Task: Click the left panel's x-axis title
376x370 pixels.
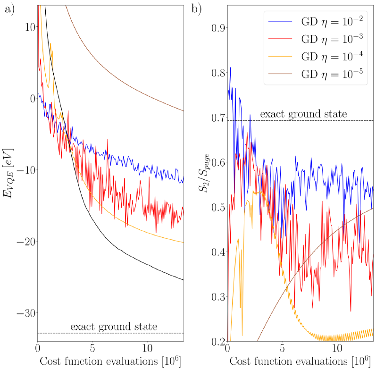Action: click(110, 362)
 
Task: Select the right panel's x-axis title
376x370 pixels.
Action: click(301, 362)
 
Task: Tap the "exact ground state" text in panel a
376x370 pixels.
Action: click(114, 327)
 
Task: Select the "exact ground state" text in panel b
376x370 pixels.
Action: click(304, 114)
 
